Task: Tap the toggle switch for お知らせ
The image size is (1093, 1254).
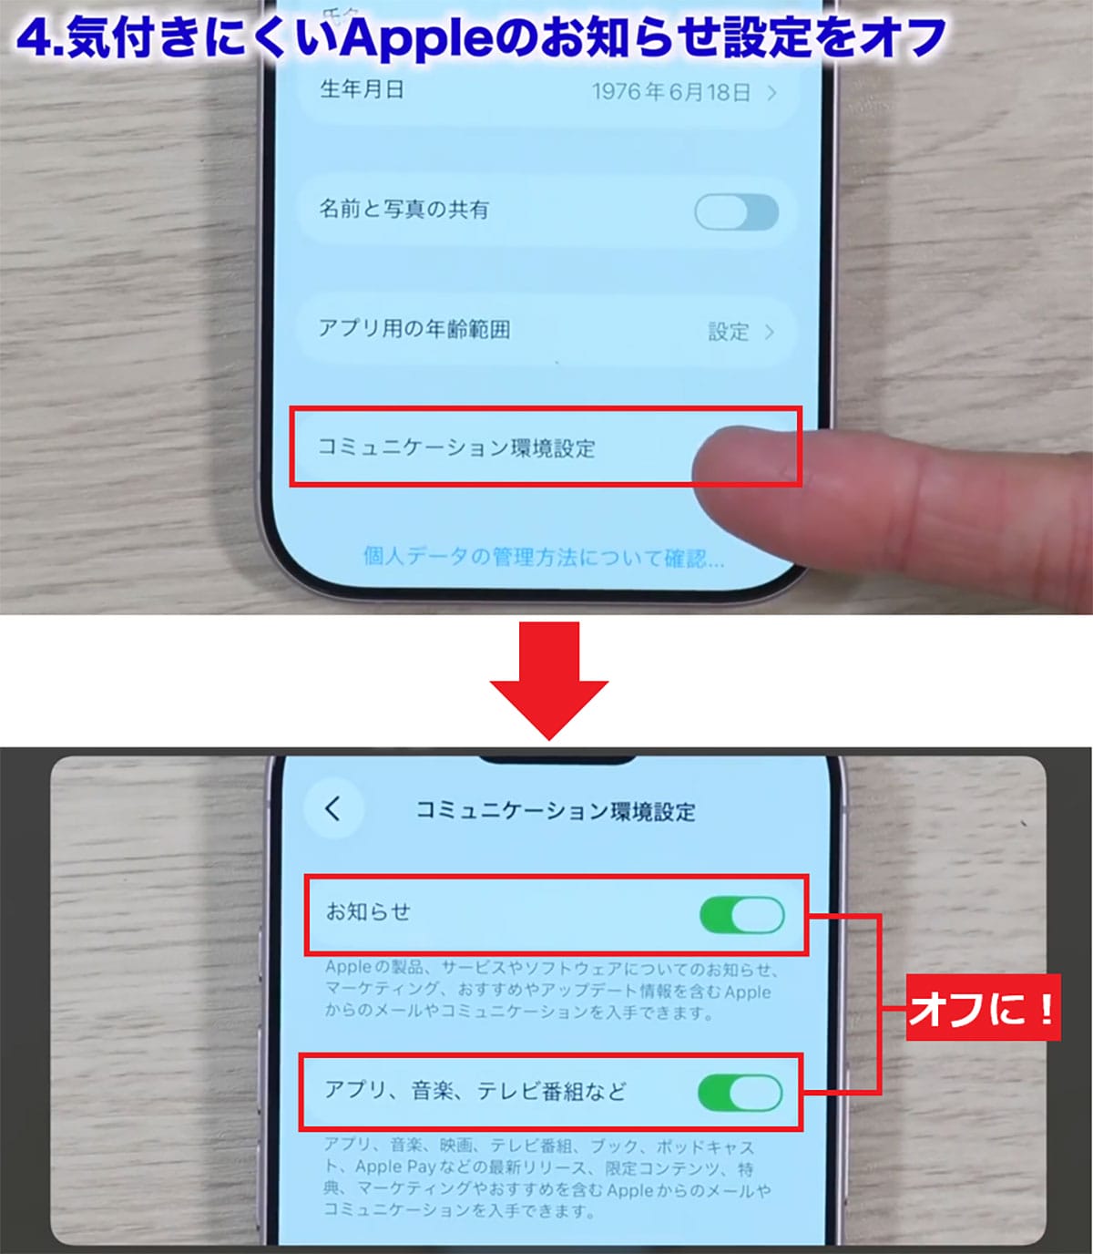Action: pyautogui.click(x=741, y=914)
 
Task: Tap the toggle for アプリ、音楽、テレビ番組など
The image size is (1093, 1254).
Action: pyautogui.click(x=740, y=1092)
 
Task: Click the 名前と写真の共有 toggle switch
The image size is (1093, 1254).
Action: pyautogui.click(x=736, y=212)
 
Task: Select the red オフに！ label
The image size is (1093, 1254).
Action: pyautogui.click(x=983, y=1009)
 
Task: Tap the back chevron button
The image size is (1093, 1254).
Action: pyautogui.click(x=332, y=808)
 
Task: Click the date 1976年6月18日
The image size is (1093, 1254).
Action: pyautogui.click(x=671, y=92)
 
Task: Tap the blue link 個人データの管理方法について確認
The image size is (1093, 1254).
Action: pyautogui.click(x=544, y=557)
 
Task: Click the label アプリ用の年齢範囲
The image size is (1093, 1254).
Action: pyautogui.click(x=414, y=329)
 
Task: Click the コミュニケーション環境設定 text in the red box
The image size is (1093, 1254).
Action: pyautogui.click(x=456, y=447)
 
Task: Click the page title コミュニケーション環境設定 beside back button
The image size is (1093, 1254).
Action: pyautogui.click(x=556, y=810)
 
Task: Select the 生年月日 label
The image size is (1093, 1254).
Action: pyautogui.click(x=362, y=89)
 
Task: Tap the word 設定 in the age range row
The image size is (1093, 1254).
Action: pyautogui.click(x=729, y=332)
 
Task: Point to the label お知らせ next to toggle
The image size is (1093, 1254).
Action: pyautogui.click(x=369, y=911)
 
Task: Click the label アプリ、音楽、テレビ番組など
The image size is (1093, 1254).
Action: pyautogui.click(x=475, y=1090)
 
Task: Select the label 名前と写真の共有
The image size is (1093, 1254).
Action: pyautogui.click(x=403, y=210)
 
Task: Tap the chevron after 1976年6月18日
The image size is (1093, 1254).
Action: pyautogui.click(x=771, y=93)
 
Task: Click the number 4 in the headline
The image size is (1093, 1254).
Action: pyautogui.click(x=33, y=38)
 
